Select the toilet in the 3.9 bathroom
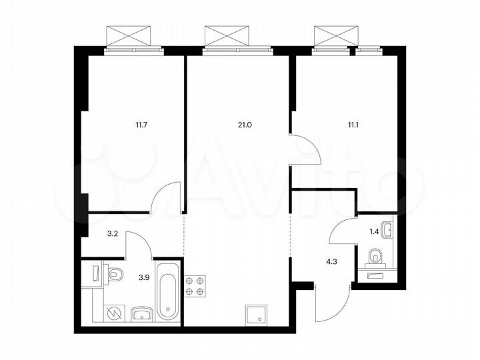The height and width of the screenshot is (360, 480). (x=114, y=273)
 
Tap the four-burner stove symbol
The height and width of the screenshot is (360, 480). (x=194, y=286)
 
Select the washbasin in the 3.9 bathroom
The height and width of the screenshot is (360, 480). (x=140, y=313)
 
